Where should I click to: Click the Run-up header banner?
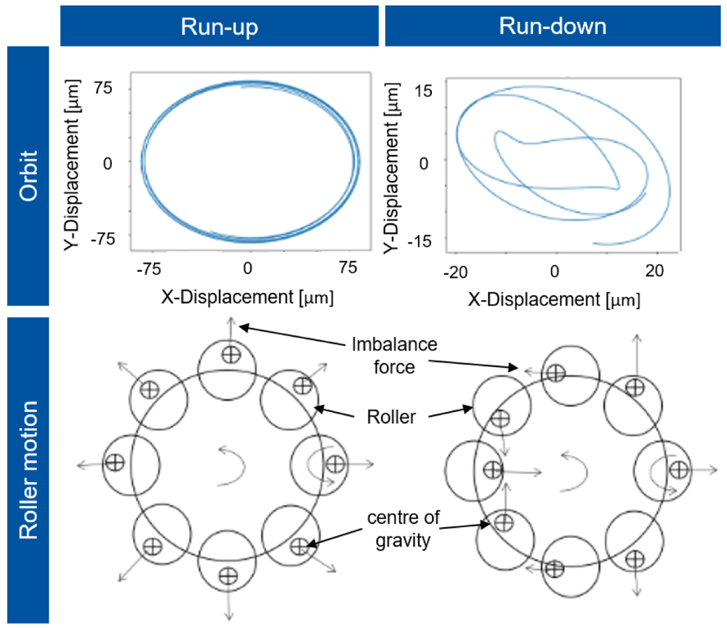point(220,26)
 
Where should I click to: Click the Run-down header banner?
point(553,26)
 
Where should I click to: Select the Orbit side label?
point(28,176)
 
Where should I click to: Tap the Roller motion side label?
point(28,470)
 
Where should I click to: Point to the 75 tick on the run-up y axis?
point(103,88)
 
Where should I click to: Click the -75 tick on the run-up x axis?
point(149,268)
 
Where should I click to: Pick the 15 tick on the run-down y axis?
point(423,91)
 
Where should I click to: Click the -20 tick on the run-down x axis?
point(455,272)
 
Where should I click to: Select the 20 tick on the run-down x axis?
point(654,270)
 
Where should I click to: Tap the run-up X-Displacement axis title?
point(247,297)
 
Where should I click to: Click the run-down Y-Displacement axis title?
point(391,169)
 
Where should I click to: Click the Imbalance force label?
point(395,355)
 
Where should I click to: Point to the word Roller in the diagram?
point(391,416)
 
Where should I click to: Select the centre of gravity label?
point(403,529)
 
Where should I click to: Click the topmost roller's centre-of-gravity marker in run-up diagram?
point(231,355)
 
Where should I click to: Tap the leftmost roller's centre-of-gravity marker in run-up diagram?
point(115,462)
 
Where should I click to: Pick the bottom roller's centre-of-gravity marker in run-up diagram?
point(228,576)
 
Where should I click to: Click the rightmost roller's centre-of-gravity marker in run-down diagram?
point(679,470)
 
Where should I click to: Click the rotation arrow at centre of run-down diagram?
point(585,472)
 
